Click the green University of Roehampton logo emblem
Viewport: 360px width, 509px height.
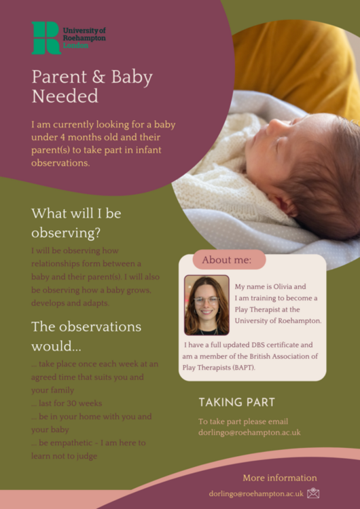tap(46, 37)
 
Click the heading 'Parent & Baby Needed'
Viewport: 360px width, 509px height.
tap(92, 86)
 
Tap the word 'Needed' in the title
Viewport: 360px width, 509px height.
tap(65, 96)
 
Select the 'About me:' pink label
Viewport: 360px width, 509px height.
tap(227, 259)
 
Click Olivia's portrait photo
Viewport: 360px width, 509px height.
tap(206, 305)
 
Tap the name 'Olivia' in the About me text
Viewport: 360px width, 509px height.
tap(283, 286)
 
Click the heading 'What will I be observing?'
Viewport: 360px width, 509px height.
tap(76, 223)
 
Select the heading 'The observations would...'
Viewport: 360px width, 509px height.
tap(86, 336)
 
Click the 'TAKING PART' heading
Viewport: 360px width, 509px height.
tap(237, 402)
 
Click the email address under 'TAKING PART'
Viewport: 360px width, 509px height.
tap(249, 432)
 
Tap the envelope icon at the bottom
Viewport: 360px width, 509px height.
tap(313, 493)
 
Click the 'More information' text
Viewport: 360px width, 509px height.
tap(279, 478)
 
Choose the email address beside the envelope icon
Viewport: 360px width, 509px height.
tap(255, 494)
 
